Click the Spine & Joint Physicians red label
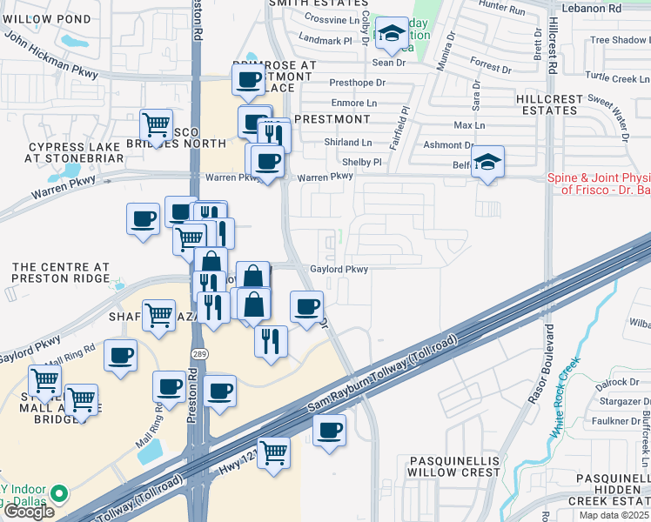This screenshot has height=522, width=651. pos(599,184)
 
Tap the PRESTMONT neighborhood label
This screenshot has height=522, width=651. pos(333,118)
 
